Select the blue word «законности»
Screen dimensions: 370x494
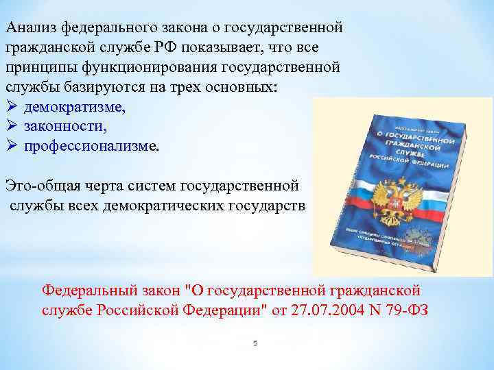65,127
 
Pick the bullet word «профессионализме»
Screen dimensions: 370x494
90,145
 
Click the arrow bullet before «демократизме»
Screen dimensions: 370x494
10,108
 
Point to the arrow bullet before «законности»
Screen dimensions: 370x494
10,127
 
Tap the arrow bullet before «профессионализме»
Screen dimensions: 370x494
10,145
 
